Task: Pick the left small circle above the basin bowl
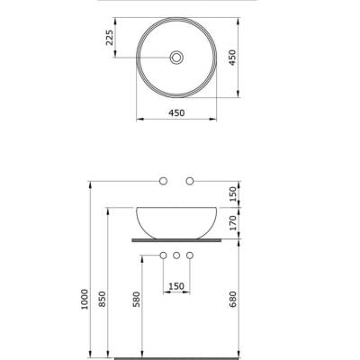(163, 182)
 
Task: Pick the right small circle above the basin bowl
(190, 182)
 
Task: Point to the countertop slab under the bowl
(176, 241)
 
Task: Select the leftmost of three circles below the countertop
(163, 257)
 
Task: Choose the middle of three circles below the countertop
(176, 257)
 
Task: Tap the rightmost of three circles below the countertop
(190, 257)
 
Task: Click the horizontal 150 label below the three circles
(176, 287)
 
